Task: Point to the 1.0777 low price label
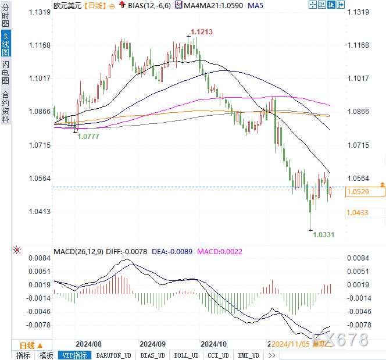[88, 136]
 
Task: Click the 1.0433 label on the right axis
[357, 213]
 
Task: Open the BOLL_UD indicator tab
[186, 355]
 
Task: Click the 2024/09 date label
[153, 344]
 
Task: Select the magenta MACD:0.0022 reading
[220, 252]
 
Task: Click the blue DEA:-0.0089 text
[173, 252]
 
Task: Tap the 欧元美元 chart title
[67, 6]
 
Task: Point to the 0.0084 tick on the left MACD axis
[39, 258]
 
